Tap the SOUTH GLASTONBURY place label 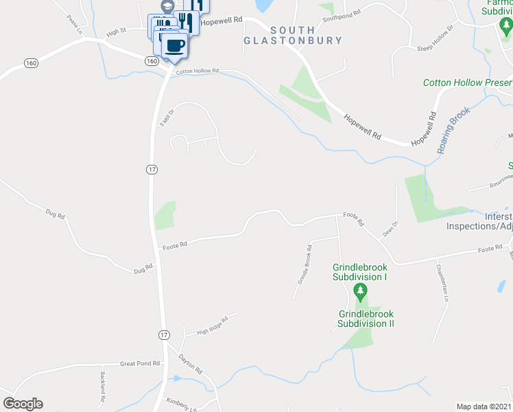point(293,36)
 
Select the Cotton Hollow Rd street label point(197,71)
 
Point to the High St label point(116,32)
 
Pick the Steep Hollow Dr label point(436,39)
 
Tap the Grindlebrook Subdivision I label point(360,272)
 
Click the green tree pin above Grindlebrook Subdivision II point(360,294)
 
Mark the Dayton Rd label point(191,364)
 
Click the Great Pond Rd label point(139,363)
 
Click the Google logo point(23,404)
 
